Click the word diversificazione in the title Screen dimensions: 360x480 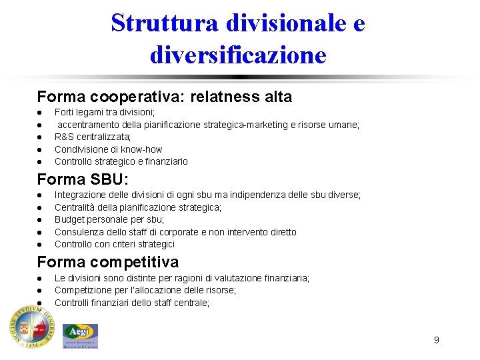pos(238,54)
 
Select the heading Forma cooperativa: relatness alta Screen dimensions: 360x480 pos(165,97)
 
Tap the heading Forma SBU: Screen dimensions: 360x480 pos(83,179)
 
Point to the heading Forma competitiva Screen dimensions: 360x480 pos(108,262)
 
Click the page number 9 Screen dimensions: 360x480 pos(436,340)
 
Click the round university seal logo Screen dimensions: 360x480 pos(31,328)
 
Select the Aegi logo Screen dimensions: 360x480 pos(80,335)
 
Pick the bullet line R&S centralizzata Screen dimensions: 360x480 pos(93,137)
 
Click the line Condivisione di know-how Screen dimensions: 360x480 pos(108,149)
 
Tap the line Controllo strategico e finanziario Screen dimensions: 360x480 pos(121,161)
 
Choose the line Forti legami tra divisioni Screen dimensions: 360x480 pos(105,112)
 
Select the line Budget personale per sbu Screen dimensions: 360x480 pos(109,219)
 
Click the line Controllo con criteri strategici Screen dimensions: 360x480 pos(115,244)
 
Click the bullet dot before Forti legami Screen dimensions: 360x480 pos(40,113)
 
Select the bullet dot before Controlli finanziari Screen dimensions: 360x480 pos(40,303)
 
